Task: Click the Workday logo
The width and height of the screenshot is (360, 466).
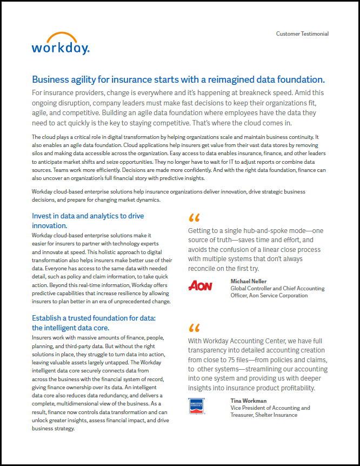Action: (61, 44)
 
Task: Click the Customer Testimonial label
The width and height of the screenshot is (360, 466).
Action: (302, 34)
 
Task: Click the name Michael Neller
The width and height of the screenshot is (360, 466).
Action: (249, 282)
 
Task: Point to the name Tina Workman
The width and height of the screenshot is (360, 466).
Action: (248, 401)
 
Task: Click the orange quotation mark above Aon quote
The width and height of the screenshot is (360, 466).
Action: (194, 218)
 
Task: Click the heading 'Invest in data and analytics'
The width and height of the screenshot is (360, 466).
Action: (88, 216)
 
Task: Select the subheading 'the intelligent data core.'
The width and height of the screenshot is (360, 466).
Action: (70, 328)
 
